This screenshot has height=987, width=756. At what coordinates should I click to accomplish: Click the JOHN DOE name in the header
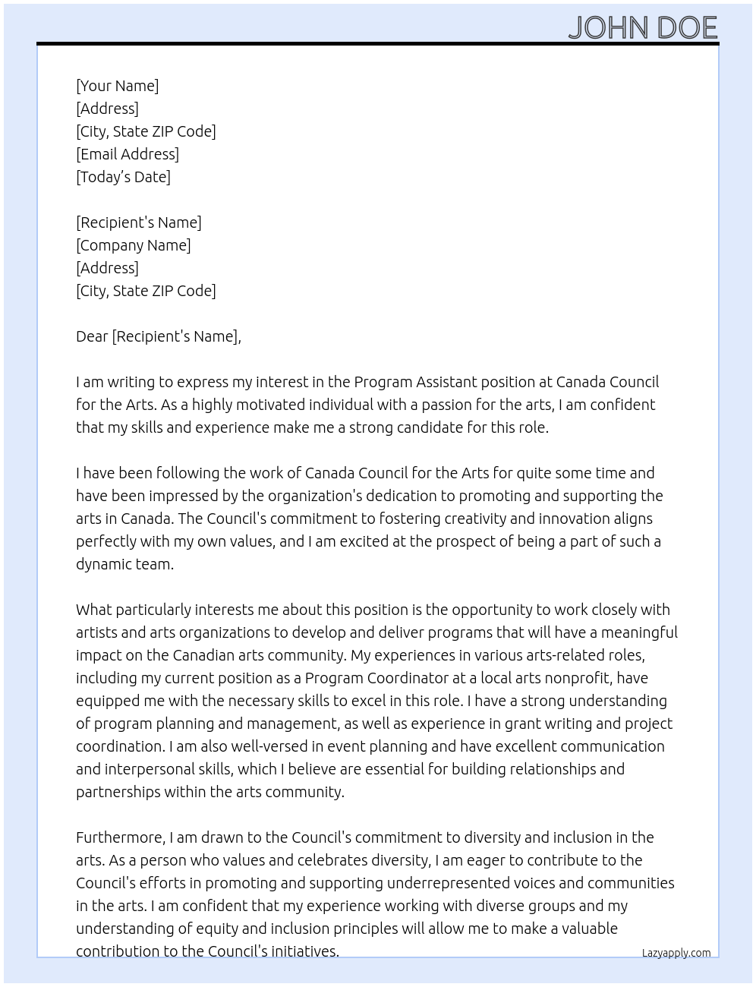pyautogui.click(x=642, y=28)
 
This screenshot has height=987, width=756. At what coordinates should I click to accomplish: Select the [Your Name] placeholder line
pyautogui.click(x=118, y=86)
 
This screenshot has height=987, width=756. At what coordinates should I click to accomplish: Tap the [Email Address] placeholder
pyautogui.click(x=128, y=154)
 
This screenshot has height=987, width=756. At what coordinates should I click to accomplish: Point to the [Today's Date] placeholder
pyautogui.click(x=123, y=177)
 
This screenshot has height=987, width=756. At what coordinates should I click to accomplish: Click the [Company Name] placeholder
pyautogui.click(x=134, y=245)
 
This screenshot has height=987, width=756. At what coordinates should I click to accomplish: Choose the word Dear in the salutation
pyautogui.click(x=92, y=336)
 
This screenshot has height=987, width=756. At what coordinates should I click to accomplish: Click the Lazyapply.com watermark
pyautogui.click(x=676, y=953)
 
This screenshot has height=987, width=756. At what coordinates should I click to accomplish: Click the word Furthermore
pyautogui.click(x=120, y=837)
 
